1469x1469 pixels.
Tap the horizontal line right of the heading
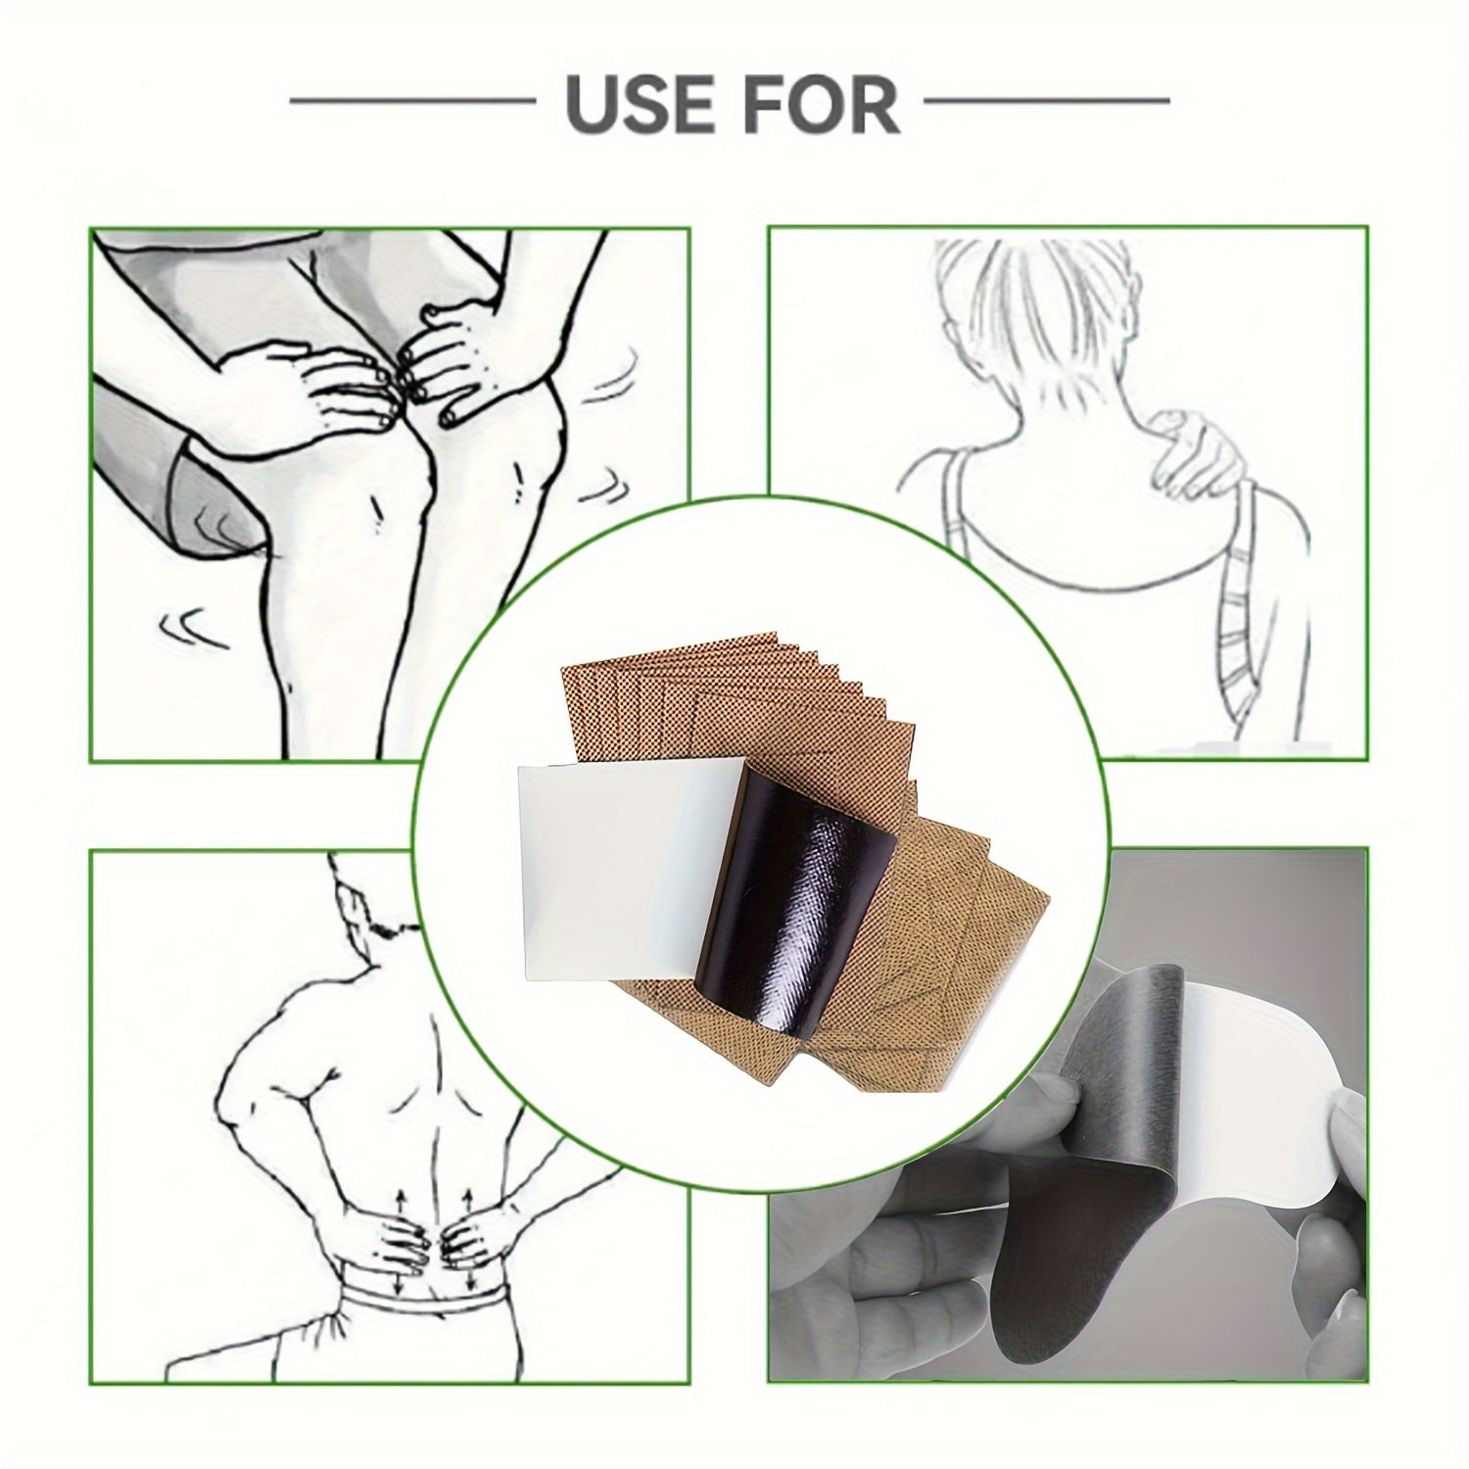(1047, 100)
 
